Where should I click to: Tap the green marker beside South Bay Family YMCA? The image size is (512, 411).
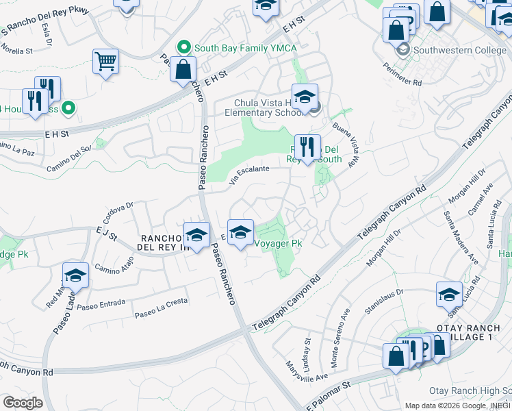point(183,48)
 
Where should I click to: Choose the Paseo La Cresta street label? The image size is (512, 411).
point(161,312)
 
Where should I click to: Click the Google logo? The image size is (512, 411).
point(23,402)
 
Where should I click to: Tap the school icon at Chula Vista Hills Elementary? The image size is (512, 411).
point(305,97)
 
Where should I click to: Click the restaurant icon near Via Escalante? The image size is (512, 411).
point(307,147)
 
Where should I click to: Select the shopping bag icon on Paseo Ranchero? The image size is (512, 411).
point(183,69)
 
